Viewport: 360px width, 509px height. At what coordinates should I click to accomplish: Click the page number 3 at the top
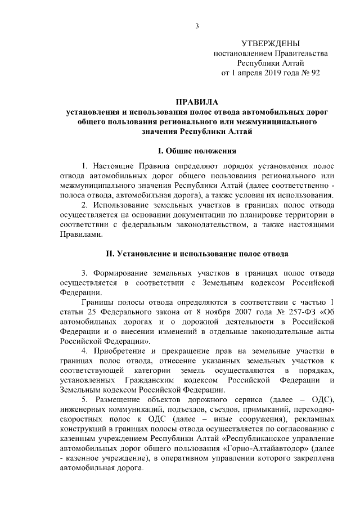pyautogui.click(x=197, y=25)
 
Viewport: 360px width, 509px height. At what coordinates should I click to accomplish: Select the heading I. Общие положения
pyautogui.click(x=197, y=151)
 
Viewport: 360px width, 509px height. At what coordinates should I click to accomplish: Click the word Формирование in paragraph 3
pyautogui.click(x=121, y=272)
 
